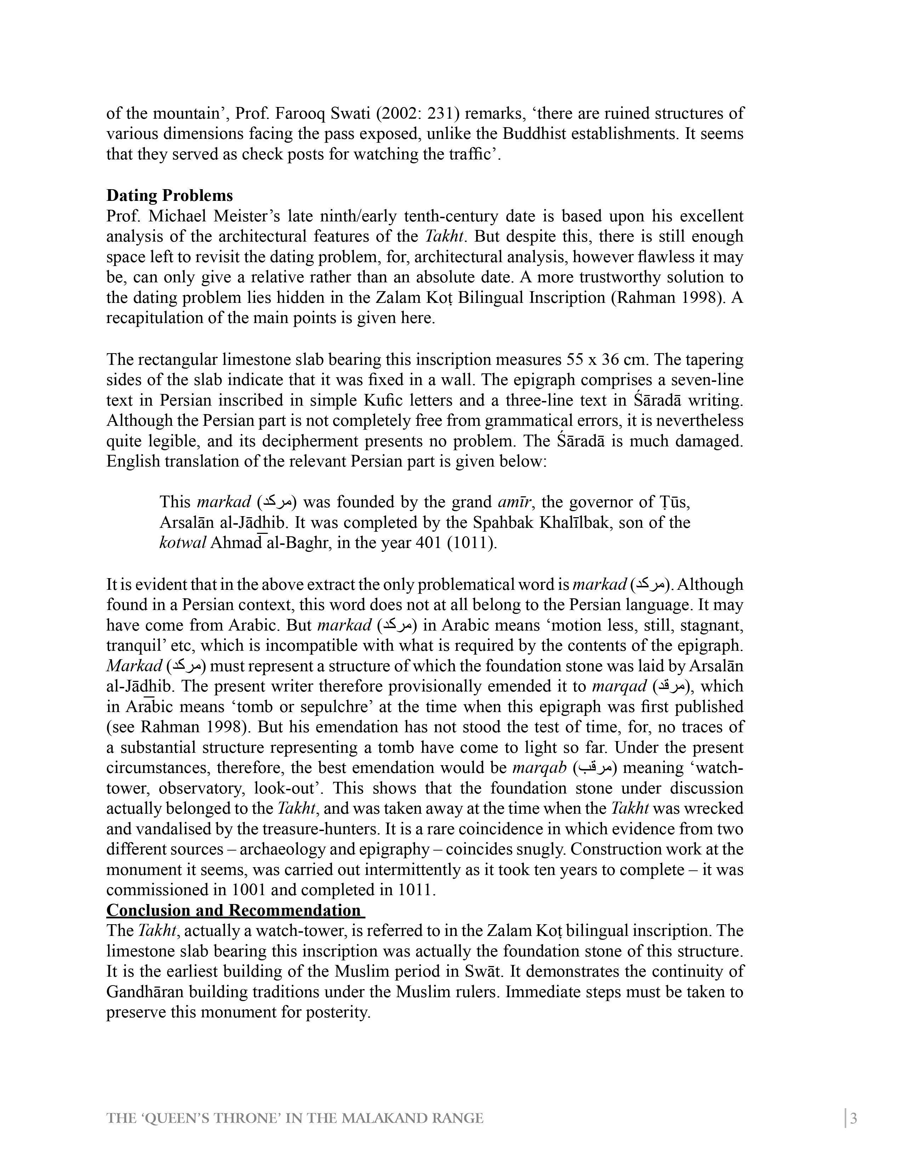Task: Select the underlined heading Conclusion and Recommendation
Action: [x=235, y=910]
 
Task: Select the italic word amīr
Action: [x=515, y=502]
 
